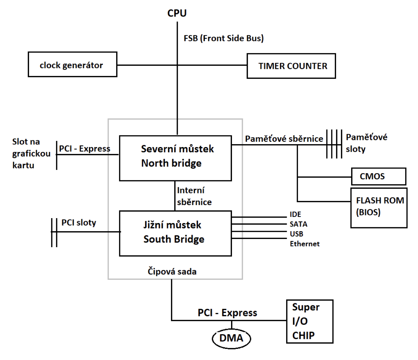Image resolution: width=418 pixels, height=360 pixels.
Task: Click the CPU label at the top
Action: click(177, 13)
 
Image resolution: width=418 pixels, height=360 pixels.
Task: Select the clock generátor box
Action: click(72, 65)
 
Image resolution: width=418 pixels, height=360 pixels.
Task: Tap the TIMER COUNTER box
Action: click(291, 66)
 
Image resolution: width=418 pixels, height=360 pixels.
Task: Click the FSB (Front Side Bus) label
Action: click(224, 38)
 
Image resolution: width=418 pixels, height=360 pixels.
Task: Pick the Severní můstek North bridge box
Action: click(176, 158)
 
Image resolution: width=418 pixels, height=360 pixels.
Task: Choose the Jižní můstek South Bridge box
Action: click(176, 233)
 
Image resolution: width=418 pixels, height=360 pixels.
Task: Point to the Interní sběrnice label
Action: click(194, 196)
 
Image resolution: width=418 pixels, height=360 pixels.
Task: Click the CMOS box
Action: click(378, 176)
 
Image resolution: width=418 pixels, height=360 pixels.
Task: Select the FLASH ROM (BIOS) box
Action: click(379, 207)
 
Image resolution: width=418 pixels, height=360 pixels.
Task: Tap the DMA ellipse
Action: click(231, 338)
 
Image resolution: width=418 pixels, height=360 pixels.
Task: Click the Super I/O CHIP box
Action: click(309, 321)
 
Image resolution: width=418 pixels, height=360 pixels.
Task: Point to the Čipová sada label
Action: click(172, 271)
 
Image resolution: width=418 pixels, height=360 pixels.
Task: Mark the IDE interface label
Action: click(295, 214)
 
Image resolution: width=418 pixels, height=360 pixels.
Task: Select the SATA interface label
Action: click(298, 224)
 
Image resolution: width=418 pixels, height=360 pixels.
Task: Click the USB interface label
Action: click(296, 234)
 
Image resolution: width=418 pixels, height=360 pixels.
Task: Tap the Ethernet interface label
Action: click(304, 244)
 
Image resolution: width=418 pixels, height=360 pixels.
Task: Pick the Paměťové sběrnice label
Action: click(284, 139)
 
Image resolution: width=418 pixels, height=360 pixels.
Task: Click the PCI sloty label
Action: click(79, 222)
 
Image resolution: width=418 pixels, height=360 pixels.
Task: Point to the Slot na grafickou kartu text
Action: click(31, 153)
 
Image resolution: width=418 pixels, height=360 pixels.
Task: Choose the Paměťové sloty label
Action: click(366, 143)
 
